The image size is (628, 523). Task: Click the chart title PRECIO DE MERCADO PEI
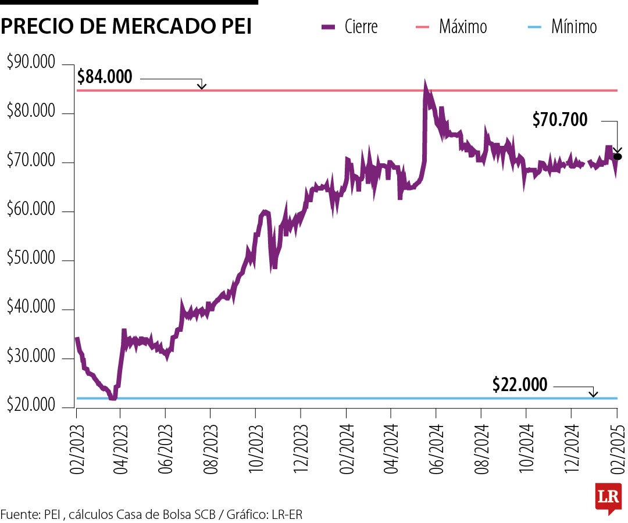pyautogui.click(x=126, y=27)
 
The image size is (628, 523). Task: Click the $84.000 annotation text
pyautogui.click(x=105, y=77)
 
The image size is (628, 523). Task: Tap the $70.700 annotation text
pyautogui.click(x=560, y=120)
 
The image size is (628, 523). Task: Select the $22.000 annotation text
pyautogui.click(x=520, y=385)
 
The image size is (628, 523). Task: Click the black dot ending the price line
pyautogui.click(x=618, y=156)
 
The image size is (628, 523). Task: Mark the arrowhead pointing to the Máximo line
pyautogui.click(x=202, y=87)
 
